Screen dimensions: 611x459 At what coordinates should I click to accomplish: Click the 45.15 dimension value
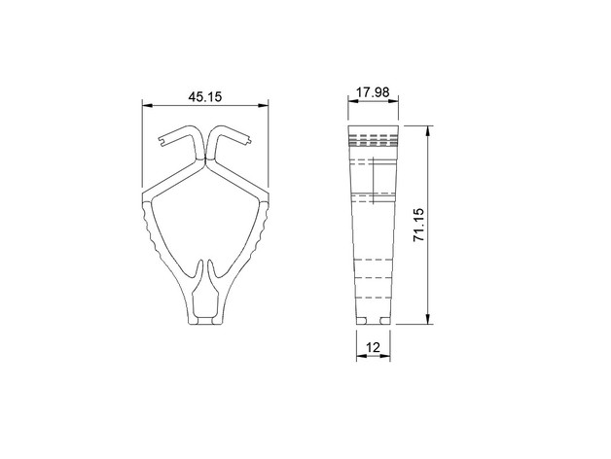click(205, 96)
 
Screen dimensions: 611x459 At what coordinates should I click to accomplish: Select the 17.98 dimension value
click(373, 92)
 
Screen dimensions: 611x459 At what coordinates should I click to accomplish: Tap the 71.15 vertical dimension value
click(418, 225)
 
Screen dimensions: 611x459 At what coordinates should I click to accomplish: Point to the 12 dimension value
click(373, 347)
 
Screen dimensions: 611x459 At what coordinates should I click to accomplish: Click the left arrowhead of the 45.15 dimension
click(147, 105)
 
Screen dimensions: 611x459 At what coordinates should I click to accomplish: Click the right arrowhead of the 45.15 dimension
click(264, 105)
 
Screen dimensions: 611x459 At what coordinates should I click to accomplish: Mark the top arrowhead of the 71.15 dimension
click(428, 131)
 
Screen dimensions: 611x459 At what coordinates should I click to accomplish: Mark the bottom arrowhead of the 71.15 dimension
click(428, 319)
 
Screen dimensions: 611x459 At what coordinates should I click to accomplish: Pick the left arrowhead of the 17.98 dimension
click(352, 101)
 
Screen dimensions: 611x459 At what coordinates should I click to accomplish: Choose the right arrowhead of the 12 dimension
click(385, 356)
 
